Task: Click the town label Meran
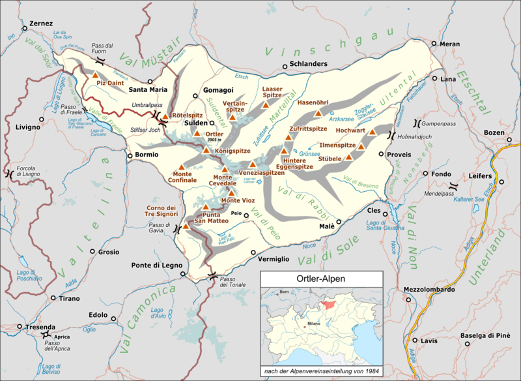tap(449, 44)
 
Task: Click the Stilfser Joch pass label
tap(145, 129)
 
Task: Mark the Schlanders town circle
tap(285, 65)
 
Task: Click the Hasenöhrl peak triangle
tap(318, 114)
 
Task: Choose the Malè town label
tap(326, 226)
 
